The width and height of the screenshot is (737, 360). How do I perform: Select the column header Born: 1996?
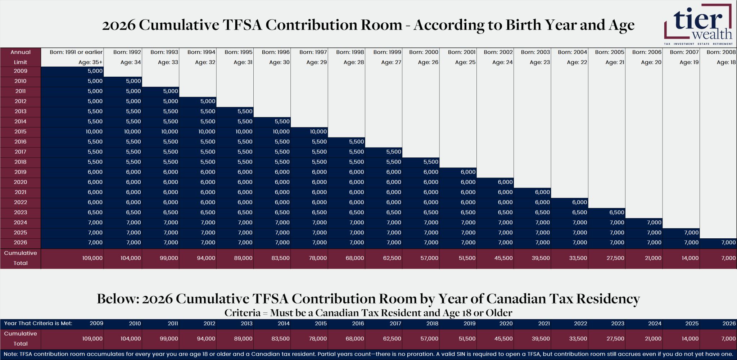pyautogui.click(x=276, y=52)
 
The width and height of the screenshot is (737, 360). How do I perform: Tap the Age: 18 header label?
pyautogui.click(x=726, y=62)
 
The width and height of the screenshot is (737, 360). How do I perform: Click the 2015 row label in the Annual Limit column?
pyautogui.click(x=21, y=132)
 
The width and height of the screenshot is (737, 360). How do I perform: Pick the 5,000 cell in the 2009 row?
pyautogui.click(x=95, y=71)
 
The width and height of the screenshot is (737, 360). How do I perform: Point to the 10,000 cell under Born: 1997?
pyautogui.click(x=318, y=132)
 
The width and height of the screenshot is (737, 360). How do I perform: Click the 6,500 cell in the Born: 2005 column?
pyautogui.click(x=616, y=212)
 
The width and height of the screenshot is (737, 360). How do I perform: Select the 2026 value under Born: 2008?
pyautogui.click(x=728, y=243)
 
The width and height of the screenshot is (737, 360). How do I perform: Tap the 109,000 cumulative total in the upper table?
pyautogui.click(x=92, y=258)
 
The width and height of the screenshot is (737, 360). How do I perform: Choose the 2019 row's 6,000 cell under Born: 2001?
pyautogui.click(x=468, y=172)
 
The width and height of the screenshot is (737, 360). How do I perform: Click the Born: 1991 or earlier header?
pyautogui.click(x=76, y=52)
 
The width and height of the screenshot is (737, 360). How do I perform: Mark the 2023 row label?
pyautogui.click(x=21, y=212)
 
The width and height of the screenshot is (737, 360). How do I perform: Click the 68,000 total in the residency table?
pyautogui.click(x=354, y=339)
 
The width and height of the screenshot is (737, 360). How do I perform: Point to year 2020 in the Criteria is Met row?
pyautogui.click(x=506, y=324)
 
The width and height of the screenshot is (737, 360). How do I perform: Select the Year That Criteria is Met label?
pyautogui.click(x=38, y=324)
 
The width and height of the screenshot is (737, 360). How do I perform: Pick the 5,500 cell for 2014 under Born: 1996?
pyautogui.click(x=282, y=122)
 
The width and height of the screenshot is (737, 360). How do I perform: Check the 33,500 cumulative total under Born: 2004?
pyautogui.click(x=578, y=258)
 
